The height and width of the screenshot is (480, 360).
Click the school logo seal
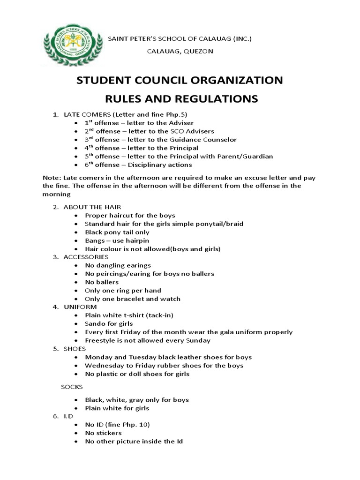click(x=66, y=45)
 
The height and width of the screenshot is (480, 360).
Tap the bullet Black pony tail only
click(x=117, y=232)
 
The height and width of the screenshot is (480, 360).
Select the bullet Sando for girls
click(x=109, y=323)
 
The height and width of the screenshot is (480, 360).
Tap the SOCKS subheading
click(x=72, y=387)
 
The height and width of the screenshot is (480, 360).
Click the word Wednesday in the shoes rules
click(x=104, y=365)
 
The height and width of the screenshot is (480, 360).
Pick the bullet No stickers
click(x=103, y=433)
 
